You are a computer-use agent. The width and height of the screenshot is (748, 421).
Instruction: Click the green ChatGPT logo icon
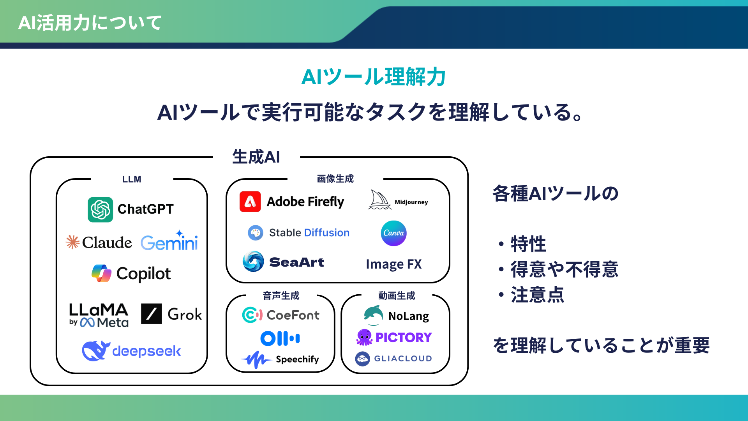(x=100, y=209)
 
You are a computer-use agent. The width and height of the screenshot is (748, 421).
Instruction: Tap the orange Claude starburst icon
(x=72, y=242)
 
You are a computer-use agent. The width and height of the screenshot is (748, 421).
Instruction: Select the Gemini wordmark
(x=169, y=242)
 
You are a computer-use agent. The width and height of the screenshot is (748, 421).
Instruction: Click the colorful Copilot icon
(x=101, y=273)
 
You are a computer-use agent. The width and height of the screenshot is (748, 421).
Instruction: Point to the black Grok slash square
(x=151, y=314)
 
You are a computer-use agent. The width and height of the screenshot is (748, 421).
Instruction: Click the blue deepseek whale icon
(x=95, y=350)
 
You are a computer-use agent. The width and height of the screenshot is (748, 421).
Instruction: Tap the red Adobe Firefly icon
(x=250, y=202)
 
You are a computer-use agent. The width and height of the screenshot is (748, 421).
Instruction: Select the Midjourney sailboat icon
(x=379, y=200)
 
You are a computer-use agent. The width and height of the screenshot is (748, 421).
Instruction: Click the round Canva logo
(x=393, y=233)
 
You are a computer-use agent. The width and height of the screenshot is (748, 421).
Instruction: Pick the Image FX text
(x=393, y=264)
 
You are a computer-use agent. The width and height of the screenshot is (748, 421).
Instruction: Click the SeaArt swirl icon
(x=253, y=262)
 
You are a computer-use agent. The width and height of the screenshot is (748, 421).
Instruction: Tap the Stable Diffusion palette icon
(x=256, y=233)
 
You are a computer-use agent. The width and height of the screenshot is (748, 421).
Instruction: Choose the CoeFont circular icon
(x=252, y=315)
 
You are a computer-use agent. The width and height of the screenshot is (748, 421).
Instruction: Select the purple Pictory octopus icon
(x=364, y=337)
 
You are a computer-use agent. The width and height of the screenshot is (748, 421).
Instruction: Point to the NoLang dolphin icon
(x=373, y=315)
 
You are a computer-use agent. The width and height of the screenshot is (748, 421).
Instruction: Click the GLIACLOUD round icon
(x=362, y=359)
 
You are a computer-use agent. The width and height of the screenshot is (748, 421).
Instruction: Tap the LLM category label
(x=132, y=179)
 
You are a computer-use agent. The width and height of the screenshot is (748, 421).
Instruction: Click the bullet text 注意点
(x=537, y=295)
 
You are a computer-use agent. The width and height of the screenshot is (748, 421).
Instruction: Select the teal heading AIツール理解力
(x=373, y=77)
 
